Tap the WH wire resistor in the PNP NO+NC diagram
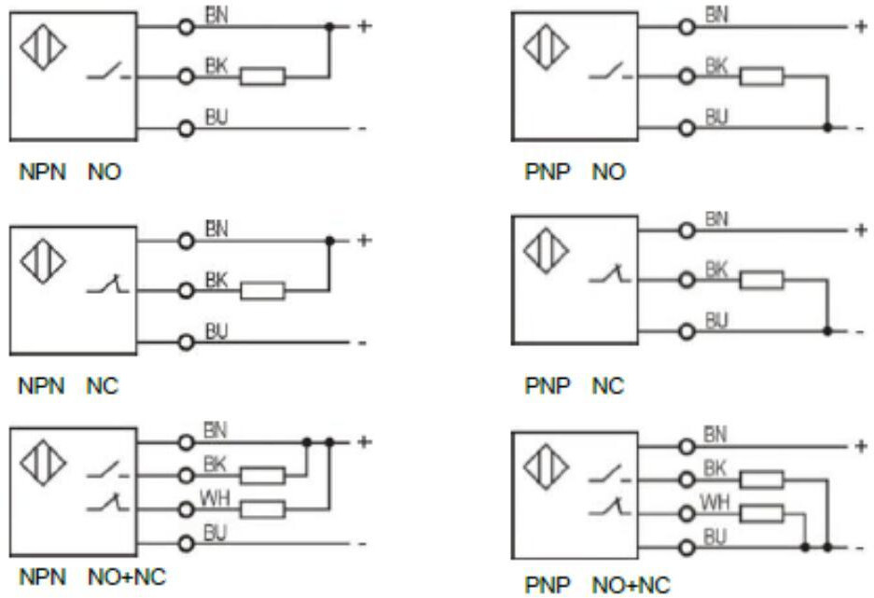point(762,511)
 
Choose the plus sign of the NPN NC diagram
point(364,240)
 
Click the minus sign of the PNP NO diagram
point(859,127)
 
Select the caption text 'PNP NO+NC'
point(597,585)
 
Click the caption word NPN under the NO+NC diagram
point(41,576)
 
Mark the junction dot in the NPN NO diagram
point(328,27)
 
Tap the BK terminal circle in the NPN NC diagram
point(187,291)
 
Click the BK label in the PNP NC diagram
point(715,269)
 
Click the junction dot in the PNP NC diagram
point(827,330)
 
